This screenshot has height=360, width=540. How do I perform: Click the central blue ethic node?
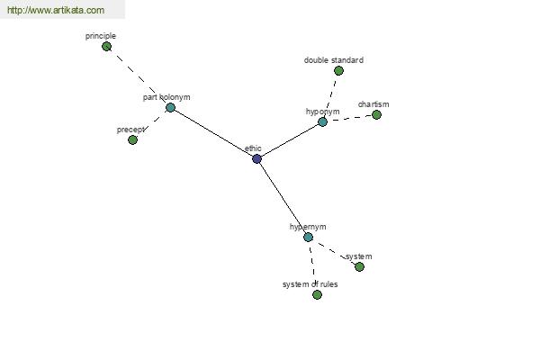[x=256, y=158]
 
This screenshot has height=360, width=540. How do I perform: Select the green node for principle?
[x=107, y=46]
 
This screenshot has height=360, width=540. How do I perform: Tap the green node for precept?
[x=132, y=139]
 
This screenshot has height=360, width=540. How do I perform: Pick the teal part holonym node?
[x=170, y=107]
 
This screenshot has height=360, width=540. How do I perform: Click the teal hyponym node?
[x=322, y=121]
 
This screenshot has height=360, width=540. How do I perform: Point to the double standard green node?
[x=338, y=70]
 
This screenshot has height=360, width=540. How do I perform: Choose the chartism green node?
[x=376, y=114]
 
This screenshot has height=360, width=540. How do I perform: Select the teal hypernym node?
[x=308, y=237]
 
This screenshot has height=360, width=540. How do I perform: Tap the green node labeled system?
[x=359, y=266]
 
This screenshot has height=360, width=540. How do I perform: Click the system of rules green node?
[x=317, y=294]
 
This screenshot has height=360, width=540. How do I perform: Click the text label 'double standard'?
[x=333, y=60]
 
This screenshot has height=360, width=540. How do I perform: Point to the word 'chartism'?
[x=373, y=104]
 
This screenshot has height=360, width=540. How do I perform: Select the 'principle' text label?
[x=101, y=36]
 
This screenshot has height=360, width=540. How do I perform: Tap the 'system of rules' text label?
[x=310, y=284]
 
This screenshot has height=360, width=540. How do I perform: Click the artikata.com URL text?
[x=56, y=10]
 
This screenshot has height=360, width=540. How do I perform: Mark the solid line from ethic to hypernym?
[x=283, y=198]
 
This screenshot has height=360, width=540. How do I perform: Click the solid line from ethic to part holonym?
[x=213, y=133]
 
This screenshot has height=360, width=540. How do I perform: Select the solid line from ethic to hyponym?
[x=290, y=139]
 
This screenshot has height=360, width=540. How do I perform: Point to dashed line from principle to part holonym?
[x=139, y=76]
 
